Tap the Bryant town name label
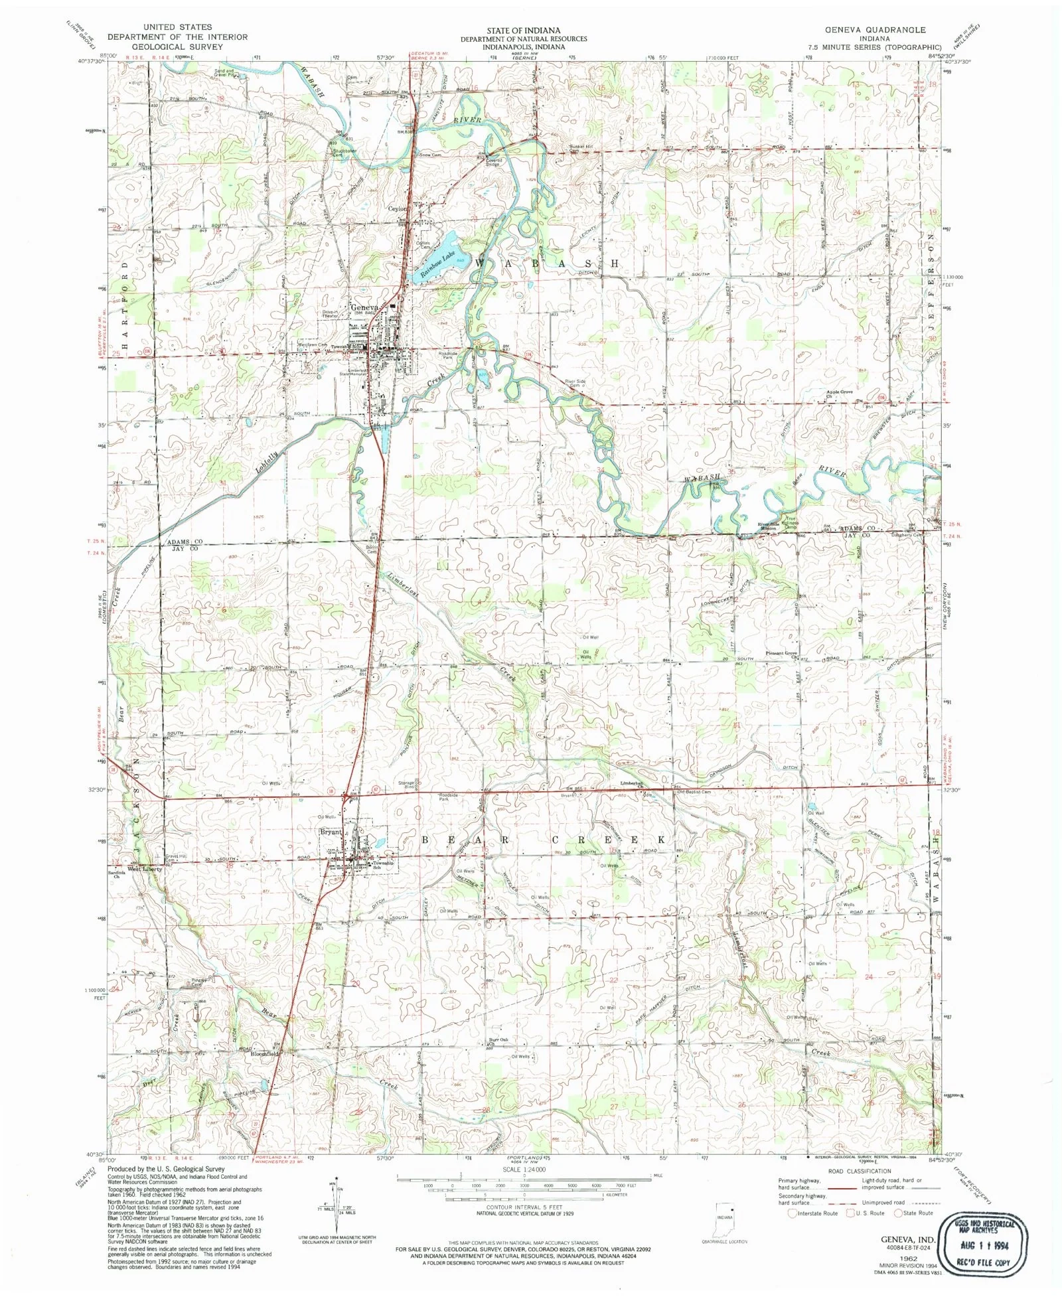[x=331, y=832]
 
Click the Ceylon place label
[x=397, y=208]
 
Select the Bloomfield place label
[x=264, y=1053]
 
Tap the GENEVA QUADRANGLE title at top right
[x=875, y=30]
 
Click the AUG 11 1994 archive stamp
[x=984, y=1243]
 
